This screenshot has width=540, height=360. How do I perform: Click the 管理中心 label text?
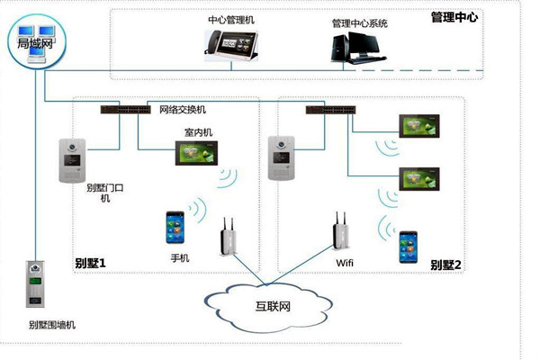click(455, 17)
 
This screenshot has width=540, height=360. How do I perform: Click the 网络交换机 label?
click(184, 111)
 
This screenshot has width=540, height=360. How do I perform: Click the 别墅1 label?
click(90, 264)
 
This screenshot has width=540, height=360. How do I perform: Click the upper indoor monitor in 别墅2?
click(422, 126)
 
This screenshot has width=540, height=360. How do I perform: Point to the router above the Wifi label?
click(340, 233)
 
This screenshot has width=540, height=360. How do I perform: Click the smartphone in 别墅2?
click(409, 247)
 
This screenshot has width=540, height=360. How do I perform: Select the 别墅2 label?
click(445, 265)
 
